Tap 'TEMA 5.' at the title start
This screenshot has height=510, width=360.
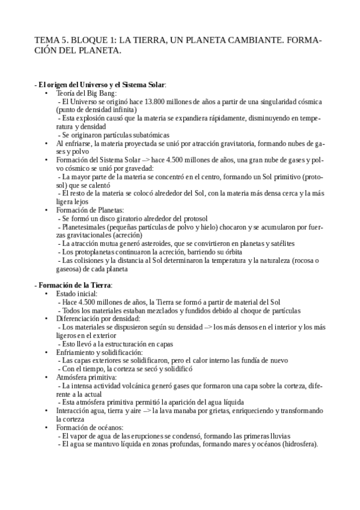coord(51,40)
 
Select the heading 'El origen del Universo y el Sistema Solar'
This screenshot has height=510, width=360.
coord(100,85)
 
